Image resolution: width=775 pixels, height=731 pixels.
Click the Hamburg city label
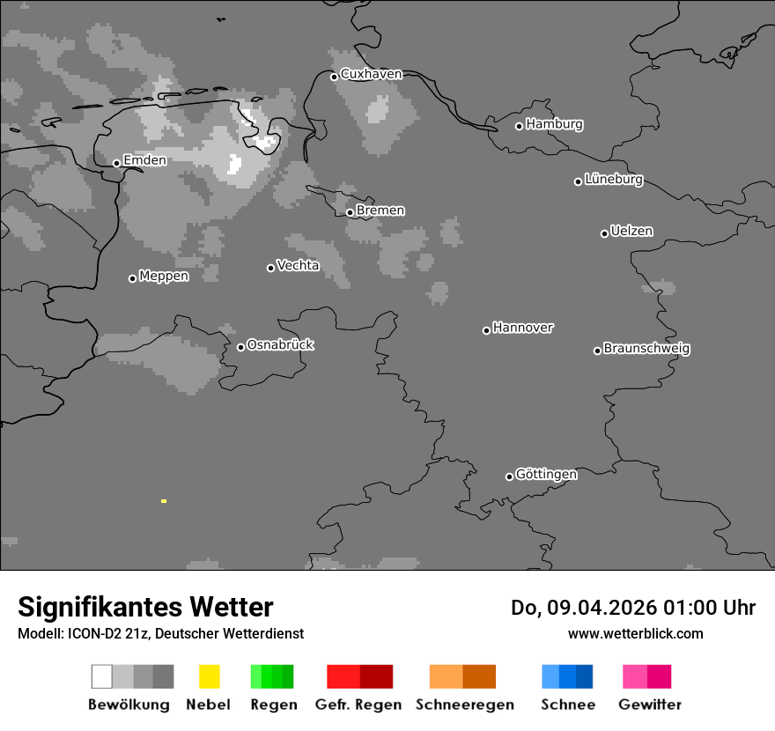554,124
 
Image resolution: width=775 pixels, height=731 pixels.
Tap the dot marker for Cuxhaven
334,77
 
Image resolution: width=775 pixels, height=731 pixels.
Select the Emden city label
144,160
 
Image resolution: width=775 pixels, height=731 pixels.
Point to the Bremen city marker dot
350,212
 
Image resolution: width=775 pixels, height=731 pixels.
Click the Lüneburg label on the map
614,180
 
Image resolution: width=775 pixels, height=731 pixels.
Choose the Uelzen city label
631,232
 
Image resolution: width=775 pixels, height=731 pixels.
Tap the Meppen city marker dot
132,278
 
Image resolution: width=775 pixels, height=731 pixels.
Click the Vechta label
298,265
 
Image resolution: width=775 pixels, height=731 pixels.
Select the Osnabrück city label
280,344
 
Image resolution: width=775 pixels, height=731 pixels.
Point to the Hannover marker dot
486,330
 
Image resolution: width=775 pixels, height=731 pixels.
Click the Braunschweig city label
646,349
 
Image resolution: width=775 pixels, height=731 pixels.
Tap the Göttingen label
546,475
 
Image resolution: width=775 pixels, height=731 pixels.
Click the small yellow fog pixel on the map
164,501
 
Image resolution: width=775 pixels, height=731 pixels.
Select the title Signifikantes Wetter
145,608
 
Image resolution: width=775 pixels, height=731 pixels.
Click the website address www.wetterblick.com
635,633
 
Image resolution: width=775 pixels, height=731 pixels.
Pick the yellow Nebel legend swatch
209,676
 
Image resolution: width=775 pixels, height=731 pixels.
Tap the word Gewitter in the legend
650,705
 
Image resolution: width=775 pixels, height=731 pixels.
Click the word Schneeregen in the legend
464,705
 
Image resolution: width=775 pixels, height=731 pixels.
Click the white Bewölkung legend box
102,676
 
